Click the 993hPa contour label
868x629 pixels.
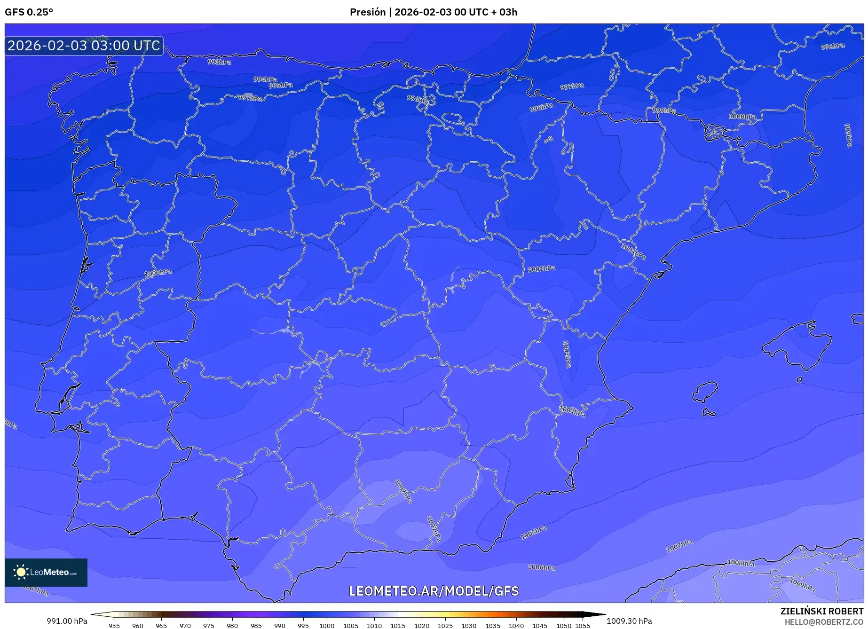pos(219,62)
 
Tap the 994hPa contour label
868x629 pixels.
pos(265,79)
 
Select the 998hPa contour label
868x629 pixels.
pos(541,108)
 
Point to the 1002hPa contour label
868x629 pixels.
pos(567,354)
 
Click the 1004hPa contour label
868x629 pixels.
pos(572,412)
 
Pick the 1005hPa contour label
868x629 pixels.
pos(534,533)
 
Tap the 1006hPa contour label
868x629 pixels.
pos(541,567)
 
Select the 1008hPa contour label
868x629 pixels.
pos(741,563)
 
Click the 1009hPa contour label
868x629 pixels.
pos(802,585)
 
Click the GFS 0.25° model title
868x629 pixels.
pos(29,12)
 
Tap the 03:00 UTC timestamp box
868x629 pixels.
pos(84,46)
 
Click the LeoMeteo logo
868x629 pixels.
pos(46,572)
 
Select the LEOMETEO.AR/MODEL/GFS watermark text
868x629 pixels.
pos(434,591)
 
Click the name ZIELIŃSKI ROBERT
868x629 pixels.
pos(821,611)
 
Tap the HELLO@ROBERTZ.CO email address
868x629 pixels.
pos(823,622)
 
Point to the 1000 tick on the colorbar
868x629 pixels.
pos(327,625)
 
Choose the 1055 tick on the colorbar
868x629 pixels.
pos(583,625)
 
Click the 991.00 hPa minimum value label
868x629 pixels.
pos(67,621)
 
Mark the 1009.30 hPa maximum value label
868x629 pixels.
pos(629,621)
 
